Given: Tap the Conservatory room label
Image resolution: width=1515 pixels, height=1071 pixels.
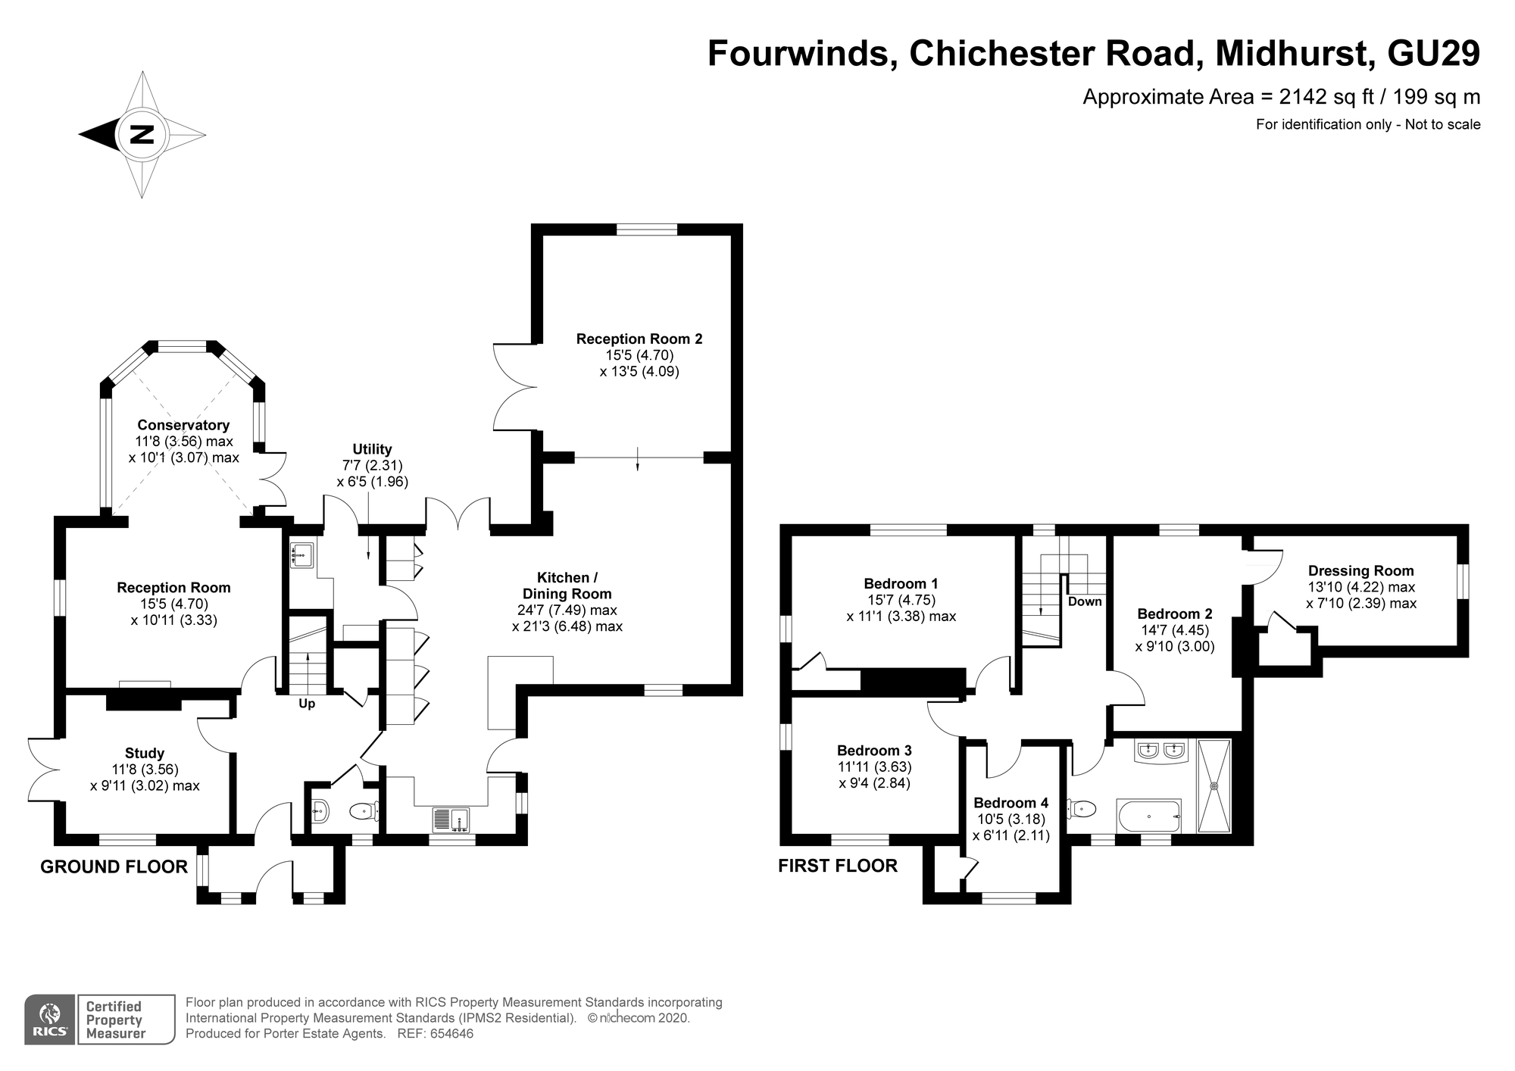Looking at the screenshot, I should point(183,425).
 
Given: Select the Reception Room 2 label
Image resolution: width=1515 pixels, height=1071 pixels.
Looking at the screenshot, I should point(639,339).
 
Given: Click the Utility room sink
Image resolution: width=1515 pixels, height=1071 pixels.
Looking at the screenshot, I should point(301,555).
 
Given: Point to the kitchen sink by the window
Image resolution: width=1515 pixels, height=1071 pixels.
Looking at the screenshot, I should point(451,820).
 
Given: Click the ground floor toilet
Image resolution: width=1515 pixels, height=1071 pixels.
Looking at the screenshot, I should point(364,812).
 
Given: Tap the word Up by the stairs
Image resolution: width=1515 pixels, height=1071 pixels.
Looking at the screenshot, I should point(307,704).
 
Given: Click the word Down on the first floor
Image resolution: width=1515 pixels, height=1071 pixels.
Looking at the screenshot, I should point(1084,601).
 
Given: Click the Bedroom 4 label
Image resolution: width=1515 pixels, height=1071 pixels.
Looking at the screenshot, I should point(1011,803).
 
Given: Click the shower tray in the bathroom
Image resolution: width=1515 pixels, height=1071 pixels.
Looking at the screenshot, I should point(1214,785).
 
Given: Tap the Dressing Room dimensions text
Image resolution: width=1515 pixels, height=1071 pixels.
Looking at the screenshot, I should point(1360,595).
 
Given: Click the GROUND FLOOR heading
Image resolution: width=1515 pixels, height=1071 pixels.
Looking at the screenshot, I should point(114,866).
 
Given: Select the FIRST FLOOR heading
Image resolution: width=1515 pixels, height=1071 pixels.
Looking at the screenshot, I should point(837,866).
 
